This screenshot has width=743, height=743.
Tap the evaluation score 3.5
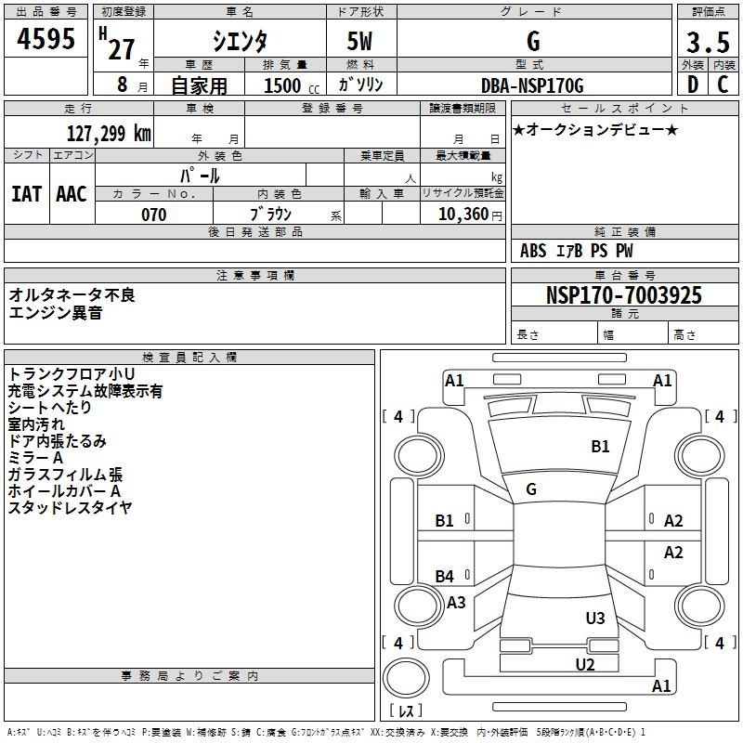707,43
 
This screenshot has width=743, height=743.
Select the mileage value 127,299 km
108,133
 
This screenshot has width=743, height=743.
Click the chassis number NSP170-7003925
624,295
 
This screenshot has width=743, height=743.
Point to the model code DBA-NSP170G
532,85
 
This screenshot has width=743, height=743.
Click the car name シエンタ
240,42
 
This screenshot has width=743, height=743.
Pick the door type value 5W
360,43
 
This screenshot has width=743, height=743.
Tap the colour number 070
154,215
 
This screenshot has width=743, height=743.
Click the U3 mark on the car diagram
595,618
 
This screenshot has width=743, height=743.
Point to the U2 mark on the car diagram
584,663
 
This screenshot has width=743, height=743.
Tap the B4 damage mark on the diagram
445,577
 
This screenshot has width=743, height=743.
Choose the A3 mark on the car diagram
456,603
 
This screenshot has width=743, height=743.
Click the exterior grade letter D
692,85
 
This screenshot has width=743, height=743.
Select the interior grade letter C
723,85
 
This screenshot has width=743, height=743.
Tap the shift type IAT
26,193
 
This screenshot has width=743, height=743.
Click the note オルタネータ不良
72,294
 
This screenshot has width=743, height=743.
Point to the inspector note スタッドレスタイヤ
70,507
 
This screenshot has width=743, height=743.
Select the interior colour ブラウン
271,215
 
